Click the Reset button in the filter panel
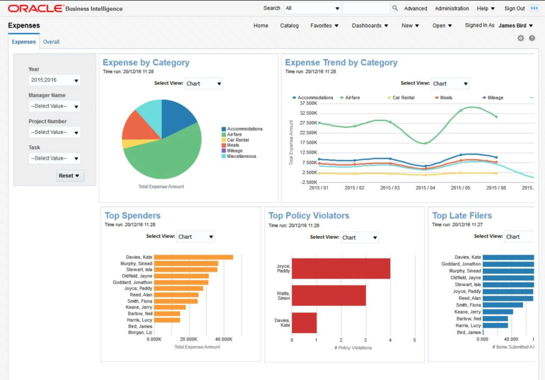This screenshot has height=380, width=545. (70, 175)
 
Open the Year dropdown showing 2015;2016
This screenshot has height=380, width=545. (54, 80)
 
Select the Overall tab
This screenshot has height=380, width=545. (51, 42)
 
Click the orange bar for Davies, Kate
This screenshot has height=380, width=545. (194, 257)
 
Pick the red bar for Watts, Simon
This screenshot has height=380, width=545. (328, 295)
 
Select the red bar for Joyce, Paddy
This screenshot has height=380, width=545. (341, 268)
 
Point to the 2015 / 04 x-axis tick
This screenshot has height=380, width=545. (425, 188)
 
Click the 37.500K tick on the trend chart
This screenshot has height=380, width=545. (309, 104)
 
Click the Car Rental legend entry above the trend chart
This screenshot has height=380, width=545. (403, 98)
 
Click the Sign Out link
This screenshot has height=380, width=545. (514, 9)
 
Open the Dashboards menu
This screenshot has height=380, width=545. (370, 26)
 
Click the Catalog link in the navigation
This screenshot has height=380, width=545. (289, 26)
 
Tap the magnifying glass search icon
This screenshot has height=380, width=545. (395, 9)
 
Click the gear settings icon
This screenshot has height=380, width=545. (521, 38)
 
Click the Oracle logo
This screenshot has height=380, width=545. (35, 9)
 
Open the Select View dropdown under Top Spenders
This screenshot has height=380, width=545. (195, 237)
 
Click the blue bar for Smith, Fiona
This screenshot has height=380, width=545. (502, 305)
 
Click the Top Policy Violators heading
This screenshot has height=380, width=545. (309, 215)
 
